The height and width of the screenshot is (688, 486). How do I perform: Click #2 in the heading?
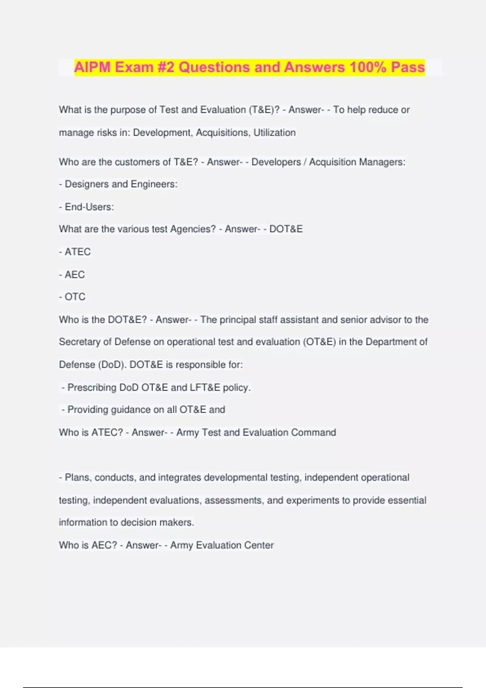point(166,67)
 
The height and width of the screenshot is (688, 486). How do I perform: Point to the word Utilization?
point(275,133)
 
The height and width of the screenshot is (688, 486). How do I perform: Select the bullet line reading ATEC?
point(75,252)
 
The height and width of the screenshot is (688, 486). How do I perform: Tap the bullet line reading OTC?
point(73,297)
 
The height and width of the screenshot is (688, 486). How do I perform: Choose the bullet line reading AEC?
point(72,274)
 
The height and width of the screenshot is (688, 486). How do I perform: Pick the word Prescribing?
point(92,387)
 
